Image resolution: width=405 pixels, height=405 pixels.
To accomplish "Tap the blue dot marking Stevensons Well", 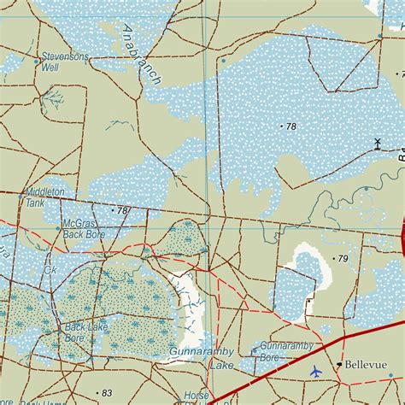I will click(36, 62).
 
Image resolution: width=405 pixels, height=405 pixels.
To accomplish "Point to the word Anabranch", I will click(140, 54).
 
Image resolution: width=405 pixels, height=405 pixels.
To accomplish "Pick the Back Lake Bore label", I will click(87, 332).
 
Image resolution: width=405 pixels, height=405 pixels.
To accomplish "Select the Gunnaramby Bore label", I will click(282, 352).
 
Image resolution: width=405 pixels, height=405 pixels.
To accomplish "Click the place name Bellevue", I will click(366, 365).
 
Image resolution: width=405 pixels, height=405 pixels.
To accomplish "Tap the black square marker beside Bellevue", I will click(339, 365).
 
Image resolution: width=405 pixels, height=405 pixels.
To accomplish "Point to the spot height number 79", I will click(343, 258).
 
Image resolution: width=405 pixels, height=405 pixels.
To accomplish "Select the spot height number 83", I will click(107, 392).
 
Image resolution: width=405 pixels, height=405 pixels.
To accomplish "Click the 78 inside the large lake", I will click(291, 126).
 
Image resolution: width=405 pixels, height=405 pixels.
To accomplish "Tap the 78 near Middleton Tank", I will click(122, 210).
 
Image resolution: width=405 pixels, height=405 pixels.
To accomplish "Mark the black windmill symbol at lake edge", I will click(377, 143).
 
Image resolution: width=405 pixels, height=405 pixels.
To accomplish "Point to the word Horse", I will click(197, 396).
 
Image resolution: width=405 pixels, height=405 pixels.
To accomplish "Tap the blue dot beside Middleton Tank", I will click(21, 197).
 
